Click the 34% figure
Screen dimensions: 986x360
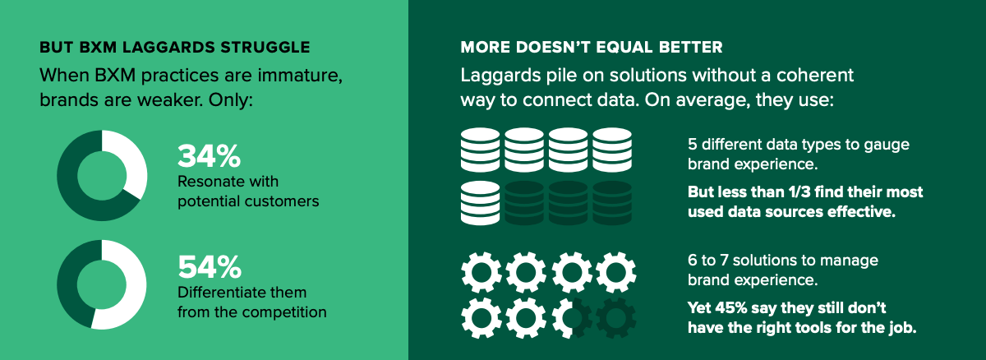click(x=209, y=156)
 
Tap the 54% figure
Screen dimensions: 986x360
click(x=210, y=266)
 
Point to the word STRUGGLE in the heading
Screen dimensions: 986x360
click(x=265, y=47)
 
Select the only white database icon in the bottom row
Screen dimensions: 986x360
click(x=480, y=203)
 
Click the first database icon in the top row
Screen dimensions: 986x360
click(x=480, y=150)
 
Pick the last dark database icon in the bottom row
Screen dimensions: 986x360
click(x=612, y=203)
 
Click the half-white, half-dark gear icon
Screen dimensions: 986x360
click(x=572, y=318)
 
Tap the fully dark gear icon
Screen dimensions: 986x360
click(x=615, y=318)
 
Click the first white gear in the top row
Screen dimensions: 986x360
click(x=481, y=272)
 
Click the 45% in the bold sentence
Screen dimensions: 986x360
click(x=731, y=307)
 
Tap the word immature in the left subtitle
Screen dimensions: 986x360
click(x=300, y=76)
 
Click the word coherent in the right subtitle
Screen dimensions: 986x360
click(x=815, y=76)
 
